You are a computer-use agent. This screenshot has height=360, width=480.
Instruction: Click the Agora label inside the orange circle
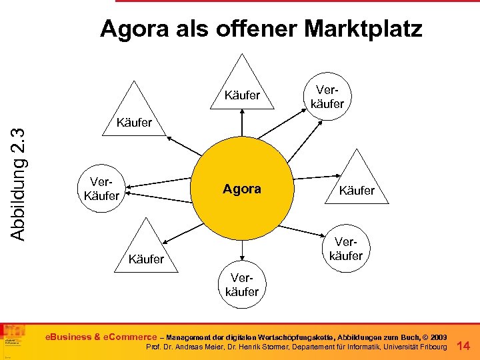tap(242, 189)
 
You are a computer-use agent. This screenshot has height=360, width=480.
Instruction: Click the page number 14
tap(464, 345)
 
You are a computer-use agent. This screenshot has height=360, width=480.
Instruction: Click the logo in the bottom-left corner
tap(15, 340)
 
